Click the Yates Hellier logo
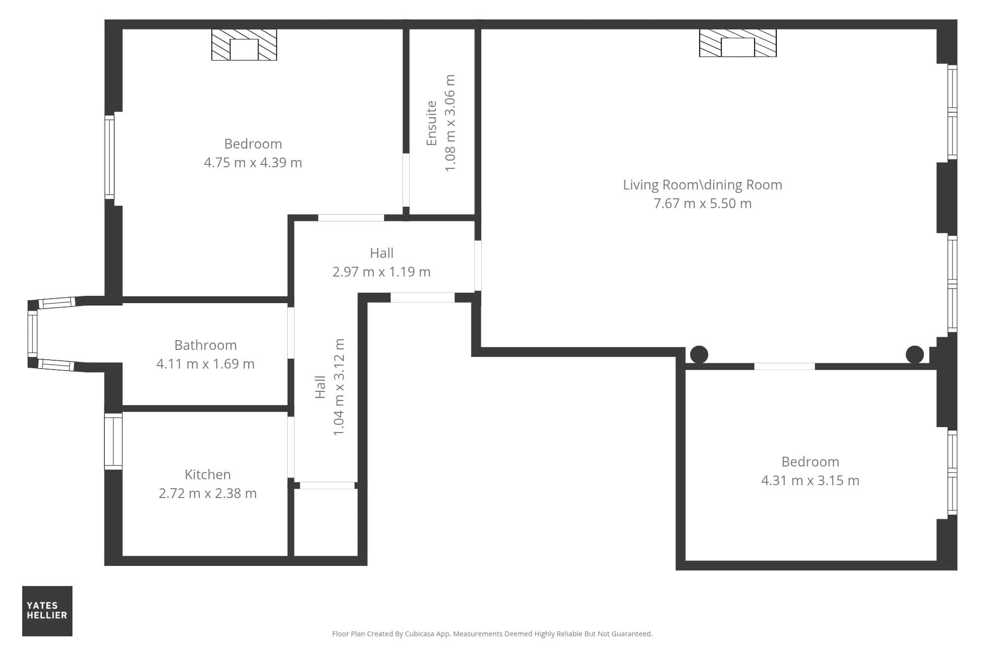click(47, 611)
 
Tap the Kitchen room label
click(208, 474)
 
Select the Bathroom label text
click(205, 345)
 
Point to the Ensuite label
click(431, 123)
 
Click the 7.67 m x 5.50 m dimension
click(702, 203)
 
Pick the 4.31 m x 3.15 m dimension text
click(810, 480)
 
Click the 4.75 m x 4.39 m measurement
click(253, 162)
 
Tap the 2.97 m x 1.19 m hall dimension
click(382, 272)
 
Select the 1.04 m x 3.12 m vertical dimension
click(339, 387)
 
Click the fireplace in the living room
click(738, 43)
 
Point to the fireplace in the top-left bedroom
click(244, 45)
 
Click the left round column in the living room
click(699, 354)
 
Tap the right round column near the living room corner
click(915, 355)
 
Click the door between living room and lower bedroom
click(785, 367)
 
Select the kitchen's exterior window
click(113, 441)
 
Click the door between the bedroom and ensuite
click(406, 180)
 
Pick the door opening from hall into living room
click(478, 266)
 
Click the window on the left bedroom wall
click(109, 156)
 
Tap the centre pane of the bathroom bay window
click(33, 334)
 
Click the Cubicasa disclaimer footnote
click(492, 634)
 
